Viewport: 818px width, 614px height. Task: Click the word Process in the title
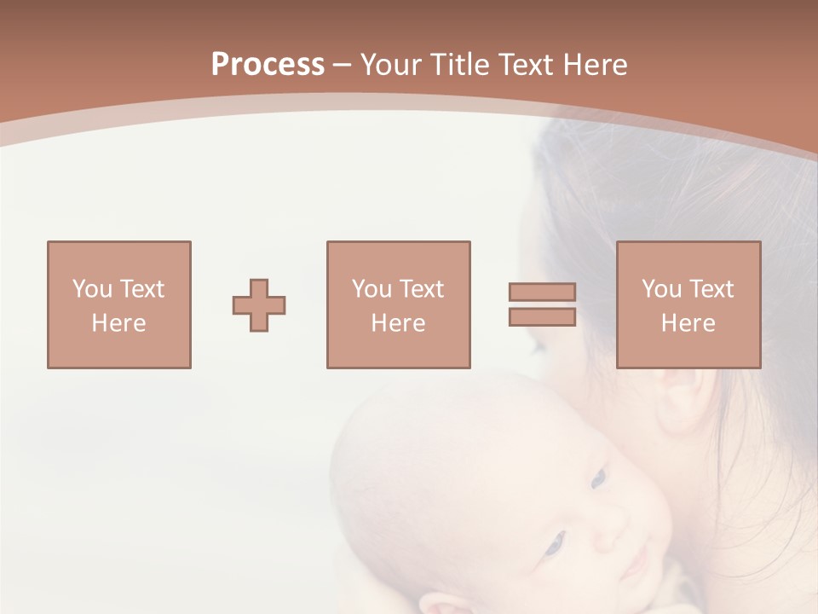coord(268,65)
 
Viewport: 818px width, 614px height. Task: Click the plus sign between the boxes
coord(259,305)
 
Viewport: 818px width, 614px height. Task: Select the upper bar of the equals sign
coord(542,292)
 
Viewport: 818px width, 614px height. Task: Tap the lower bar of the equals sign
coord(542,317)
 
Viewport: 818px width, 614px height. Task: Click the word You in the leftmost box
coord(92,289)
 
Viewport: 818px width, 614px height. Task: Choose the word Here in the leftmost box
coord(118,323)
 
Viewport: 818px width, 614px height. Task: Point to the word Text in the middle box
coord(421,289)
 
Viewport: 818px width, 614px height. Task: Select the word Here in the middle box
coord(398,323)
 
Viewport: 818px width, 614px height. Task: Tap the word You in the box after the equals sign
coord(661,289)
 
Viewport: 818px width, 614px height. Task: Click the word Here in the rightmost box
coord(688,323)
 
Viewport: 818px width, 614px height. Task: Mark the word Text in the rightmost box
coord(711,289)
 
